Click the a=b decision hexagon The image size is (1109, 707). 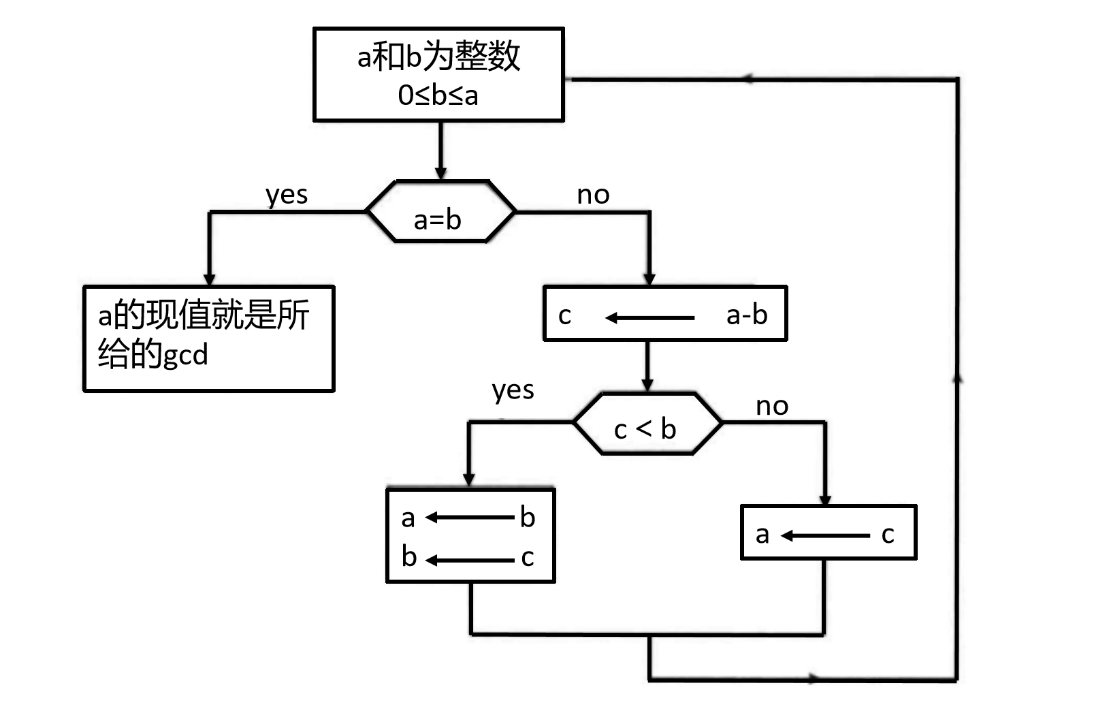[x=440, y=213]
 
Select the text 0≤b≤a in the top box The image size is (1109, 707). [x=438, y=95]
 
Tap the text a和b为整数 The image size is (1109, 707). [x=438, y=56]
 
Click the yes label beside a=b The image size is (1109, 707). [x=287, y=195]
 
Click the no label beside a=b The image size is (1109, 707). [x=593, y=195]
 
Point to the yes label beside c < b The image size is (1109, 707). [x=513, y=390]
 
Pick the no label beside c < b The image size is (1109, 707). [x=772, y=407]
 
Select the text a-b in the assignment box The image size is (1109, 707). [x=747, y=315]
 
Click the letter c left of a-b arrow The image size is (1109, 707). [x=564, y=315]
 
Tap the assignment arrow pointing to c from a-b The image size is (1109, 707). [x=649, y=318]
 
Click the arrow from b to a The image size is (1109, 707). [x=469, y=518]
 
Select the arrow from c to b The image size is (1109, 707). [x=469, y=561]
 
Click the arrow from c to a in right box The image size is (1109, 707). [x=825, y=536]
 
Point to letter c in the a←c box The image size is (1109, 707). [x=887, y=535]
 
